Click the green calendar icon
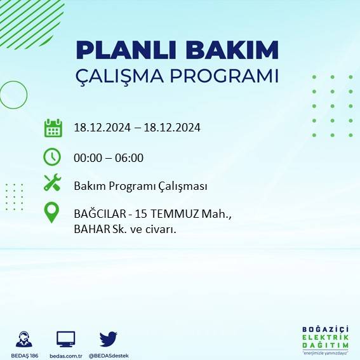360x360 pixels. click(x=53, y=128)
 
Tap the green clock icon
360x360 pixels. click(x=52, y=156)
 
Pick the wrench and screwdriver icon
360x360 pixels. click(x=52, y=183)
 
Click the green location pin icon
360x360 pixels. click(x=52, y=213)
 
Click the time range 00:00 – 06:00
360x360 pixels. click(x=109, y=157)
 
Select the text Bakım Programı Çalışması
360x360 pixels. click(x=140, y=187)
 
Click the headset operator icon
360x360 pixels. click(x=25, y=338)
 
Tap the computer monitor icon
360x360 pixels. click(x=66, y=338)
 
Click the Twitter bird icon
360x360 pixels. click(x=108, y=338)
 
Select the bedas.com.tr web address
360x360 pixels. click(x=66, y=356)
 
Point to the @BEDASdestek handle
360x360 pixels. click(x=108, y=356)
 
